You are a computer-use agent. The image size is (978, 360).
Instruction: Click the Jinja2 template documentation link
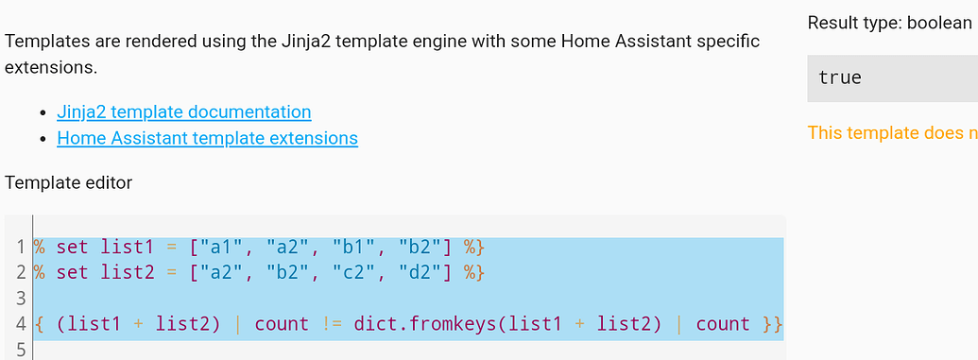pyautogui.click(x=183, y=111)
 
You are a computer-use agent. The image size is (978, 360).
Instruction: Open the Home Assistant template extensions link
pyautogui.click(x=207, y=138)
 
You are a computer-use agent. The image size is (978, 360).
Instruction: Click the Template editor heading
pyautogui.click(x=68, y=182)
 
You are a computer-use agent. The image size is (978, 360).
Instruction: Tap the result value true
pyautogui.click(x=840, y=77)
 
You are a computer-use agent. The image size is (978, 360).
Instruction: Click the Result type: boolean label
pyautogui.click(x=889, y=23)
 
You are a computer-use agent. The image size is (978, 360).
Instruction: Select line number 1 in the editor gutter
pyautogui.click(x=20, y=248)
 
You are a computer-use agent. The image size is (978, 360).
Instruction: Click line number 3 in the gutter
pyautogui.click(x=20, y=299)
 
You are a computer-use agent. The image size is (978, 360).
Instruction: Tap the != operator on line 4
pyautogui.click(x=331, y=324)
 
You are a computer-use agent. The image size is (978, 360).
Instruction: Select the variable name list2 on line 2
pyautogui.click(x=127, y=273)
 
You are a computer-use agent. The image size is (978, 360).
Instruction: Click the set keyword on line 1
pyautogui.click(x=72, y=248)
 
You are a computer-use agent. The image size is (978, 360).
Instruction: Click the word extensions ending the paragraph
pyautogui.click(x=50, y=68)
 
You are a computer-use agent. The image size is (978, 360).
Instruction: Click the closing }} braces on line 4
pyautogui.click(x=772, y=324)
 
